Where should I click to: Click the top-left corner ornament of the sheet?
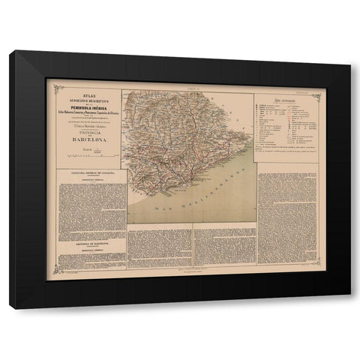52,84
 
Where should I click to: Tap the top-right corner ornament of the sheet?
316,95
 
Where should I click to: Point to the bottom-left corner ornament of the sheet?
52,274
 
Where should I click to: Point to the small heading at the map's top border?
190,88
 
